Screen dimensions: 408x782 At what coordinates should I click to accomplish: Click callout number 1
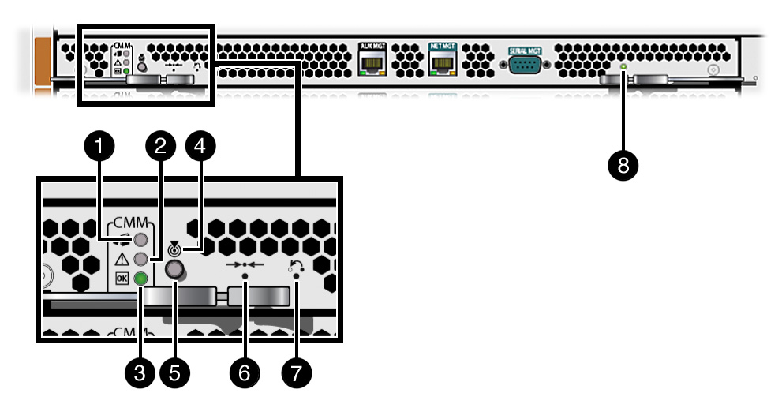(x=99, y=145)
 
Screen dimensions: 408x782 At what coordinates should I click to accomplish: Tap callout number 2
(x=161, y=145)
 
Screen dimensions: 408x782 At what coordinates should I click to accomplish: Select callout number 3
(x=140, y=373)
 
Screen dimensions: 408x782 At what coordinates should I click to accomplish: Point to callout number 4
(x=198, y=145)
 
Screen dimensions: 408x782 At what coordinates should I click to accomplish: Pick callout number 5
(x=174, y=373)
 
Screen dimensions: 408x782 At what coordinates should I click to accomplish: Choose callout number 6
(x=244, y=373)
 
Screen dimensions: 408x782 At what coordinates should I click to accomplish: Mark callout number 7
(x=296, y=373)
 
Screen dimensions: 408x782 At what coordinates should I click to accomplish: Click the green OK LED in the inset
(x=141, y=279)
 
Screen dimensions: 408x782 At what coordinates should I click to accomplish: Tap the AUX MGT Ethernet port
(x=370, y=63)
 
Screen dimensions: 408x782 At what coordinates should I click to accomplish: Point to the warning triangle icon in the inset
(x=122, y=260)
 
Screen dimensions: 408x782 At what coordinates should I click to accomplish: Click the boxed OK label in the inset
(x=122, y=279)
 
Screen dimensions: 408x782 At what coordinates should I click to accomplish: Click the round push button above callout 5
(x=175, y=271)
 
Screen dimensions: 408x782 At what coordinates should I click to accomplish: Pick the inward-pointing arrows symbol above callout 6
(x=244, y=264)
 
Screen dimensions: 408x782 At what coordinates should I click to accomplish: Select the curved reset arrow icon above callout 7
(x=297, y=267)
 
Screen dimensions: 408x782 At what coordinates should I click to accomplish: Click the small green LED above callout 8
(x=623, y=68)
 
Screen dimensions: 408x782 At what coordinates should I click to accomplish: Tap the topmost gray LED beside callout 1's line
(x=141, y=240)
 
